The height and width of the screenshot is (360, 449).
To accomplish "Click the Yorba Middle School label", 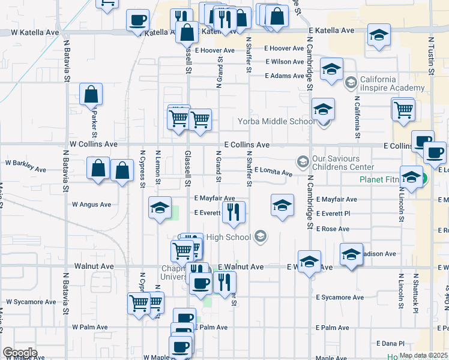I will click(276, 121).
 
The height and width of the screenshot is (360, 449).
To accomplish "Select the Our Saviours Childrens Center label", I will click(342, 162).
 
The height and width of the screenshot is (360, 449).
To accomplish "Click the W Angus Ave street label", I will click(91, 205).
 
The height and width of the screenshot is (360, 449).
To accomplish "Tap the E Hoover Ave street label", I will click(214, 50).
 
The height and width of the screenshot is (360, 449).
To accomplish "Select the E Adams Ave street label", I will click(285, 76).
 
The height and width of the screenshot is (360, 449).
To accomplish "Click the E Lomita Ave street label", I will click(273, 172).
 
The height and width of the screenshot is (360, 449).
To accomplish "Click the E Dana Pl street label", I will click(391, 343).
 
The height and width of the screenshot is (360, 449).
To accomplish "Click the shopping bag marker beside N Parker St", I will click(91, 94).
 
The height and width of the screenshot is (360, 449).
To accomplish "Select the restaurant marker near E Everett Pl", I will click(233, 211).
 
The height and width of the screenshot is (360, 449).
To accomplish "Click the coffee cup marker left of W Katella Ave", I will click(137, 20).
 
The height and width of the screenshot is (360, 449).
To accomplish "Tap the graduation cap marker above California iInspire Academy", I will click(331, 69).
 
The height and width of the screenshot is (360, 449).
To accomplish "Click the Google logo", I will click(20, 353).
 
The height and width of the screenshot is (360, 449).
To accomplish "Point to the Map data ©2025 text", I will click(424, 355).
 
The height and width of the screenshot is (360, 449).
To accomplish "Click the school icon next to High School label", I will click(260, 237).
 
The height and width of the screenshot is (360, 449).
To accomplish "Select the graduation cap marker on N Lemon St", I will click(160, 208).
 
